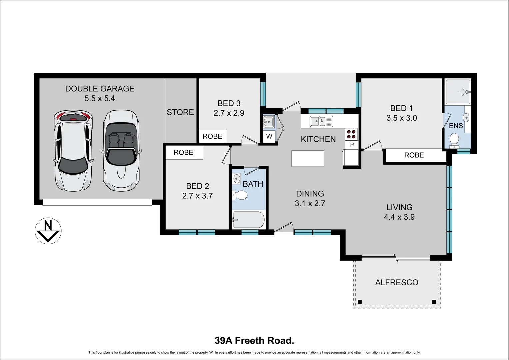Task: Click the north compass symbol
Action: (48, 231)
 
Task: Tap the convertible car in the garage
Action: (121, 151)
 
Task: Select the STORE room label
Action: (180, 112)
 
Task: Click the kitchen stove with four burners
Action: (351, 134)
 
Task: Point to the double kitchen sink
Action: (321, 121)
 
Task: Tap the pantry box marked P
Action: (352, 145)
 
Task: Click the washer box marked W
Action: (269, 136)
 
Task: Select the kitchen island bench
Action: (308, 159)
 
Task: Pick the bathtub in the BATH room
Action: (248, 220)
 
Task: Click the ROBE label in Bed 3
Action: (212, 136)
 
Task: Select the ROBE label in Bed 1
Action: (414, 155)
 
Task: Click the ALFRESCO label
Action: (397, 282)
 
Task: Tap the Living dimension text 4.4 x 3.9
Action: (399, 217)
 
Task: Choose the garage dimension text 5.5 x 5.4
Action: (100, 98)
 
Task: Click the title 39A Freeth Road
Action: (255, 340)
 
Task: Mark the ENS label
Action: (456, 126)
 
